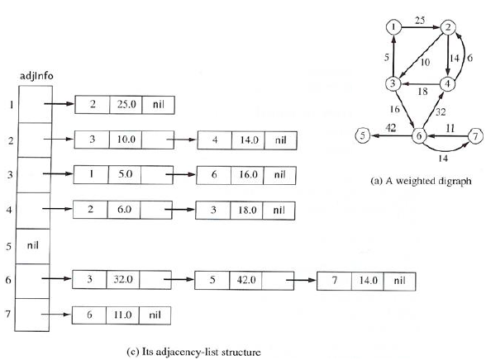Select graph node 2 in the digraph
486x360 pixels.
(x=450, y=26)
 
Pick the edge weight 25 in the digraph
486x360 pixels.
(x=420, y=17)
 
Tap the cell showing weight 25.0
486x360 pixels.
(x=125, y=106)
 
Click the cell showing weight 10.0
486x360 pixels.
(x=125, y=140)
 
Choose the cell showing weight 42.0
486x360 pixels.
(x=245, y=280)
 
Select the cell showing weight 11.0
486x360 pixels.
(x=125, y=315)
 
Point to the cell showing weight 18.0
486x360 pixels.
(x=247, y=210)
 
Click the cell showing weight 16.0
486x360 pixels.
(x=247, y=175)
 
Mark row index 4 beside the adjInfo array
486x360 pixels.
(x=9, y=211)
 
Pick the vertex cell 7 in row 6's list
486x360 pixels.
(x=335, y=280)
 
